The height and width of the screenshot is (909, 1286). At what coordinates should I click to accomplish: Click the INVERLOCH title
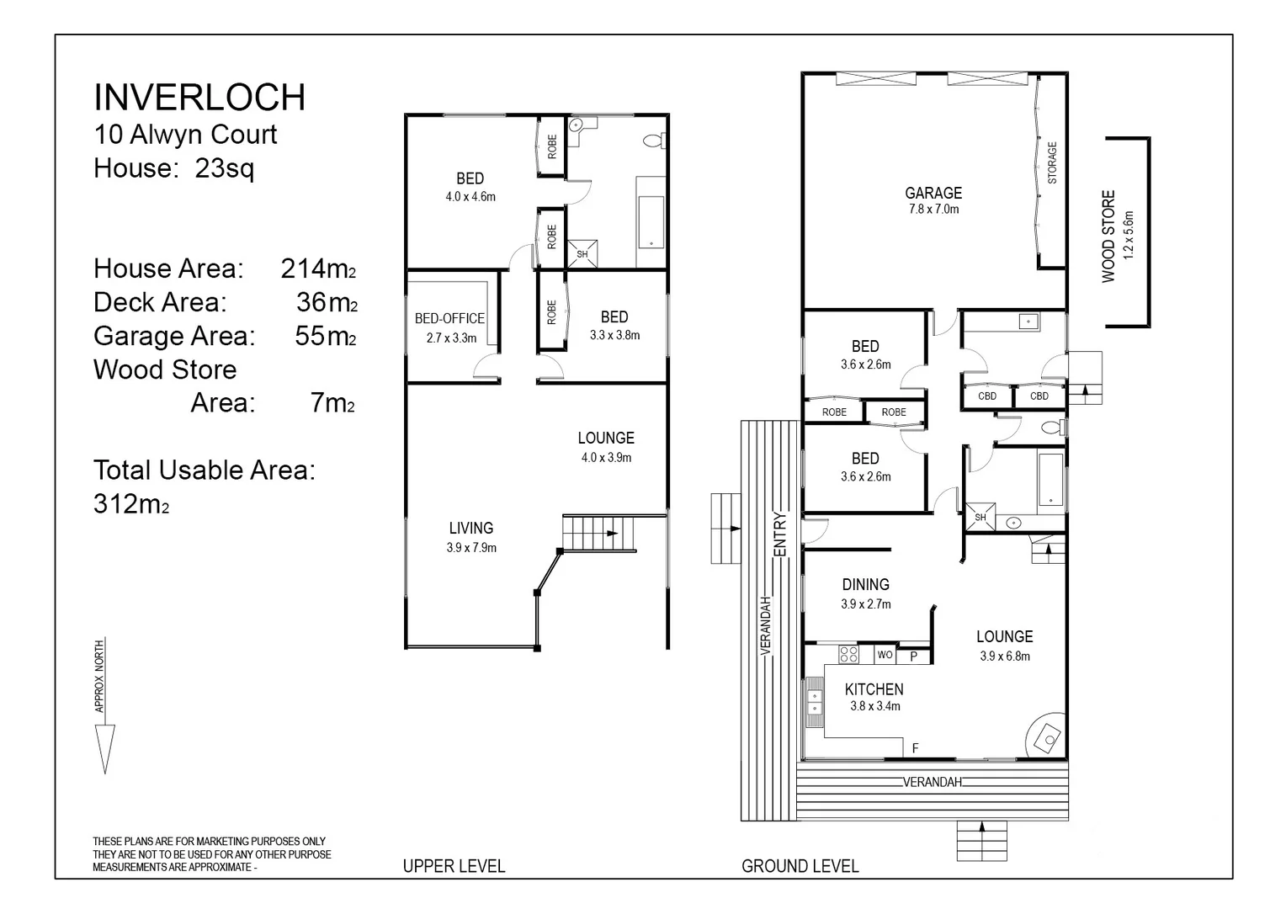(x=199, y=97)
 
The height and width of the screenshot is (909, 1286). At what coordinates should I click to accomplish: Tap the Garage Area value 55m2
(x=326, y=336)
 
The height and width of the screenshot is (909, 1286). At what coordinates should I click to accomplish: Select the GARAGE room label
(x=933, y=193)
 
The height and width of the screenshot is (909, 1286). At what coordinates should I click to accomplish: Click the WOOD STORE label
(x=1108, y=236)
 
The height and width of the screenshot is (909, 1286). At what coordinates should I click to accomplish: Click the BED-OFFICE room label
(x=449, y=318)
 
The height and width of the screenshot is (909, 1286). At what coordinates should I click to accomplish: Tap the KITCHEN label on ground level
(x=874, y=689)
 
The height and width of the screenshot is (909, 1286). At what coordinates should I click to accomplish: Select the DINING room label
(x=866, y=585)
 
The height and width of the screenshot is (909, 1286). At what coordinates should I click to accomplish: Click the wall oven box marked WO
(x=885, y=655)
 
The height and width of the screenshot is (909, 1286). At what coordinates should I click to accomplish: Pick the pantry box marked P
(x=913, y=656)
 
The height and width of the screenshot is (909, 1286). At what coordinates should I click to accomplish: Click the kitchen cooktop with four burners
(x=849, y=654)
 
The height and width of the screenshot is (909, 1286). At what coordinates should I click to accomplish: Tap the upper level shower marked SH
(x=582, y=254)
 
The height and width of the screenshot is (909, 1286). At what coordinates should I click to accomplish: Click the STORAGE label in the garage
(x=1052, y=162)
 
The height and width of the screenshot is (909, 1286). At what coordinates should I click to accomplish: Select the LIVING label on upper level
(x=470, y=528)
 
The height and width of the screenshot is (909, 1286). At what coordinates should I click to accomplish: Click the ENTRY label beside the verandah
(x=779, y=534)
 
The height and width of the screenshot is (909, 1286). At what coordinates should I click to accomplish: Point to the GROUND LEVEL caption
(x=800, y=866)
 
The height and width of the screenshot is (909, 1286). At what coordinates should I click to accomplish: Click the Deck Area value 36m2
(x=327, y=303)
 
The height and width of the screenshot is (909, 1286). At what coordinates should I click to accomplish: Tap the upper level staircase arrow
(x=612, y=534)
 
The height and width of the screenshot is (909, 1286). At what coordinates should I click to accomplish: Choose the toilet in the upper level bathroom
(x=654, y=140)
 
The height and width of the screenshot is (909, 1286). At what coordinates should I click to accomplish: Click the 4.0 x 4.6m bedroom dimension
(x=470, y=197)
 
